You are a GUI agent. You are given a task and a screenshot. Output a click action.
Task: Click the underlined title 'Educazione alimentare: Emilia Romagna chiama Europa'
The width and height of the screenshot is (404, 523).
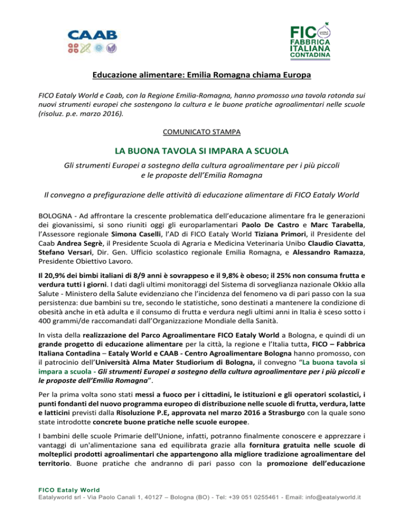coord(202,75)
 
